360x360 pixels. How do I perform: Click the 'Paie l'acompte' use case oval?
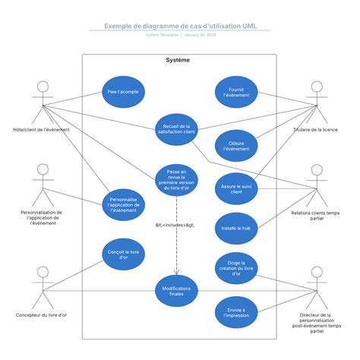click(123, 92)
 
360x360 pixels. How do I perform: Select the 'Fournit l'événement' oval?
click(235, 92)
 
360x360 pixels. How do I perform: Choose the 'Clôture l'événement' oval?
click(235, 145)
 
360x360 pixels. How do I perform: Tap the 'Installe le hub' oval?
click(235, 228)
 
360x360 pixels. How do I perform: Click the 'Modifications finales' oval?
click(177, 292)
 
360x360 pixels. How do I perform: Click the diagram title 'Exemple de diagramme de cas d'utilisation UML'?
click(180, 25)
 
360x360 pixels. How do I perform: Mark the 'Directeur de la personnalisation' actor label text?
click(316, 323)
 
